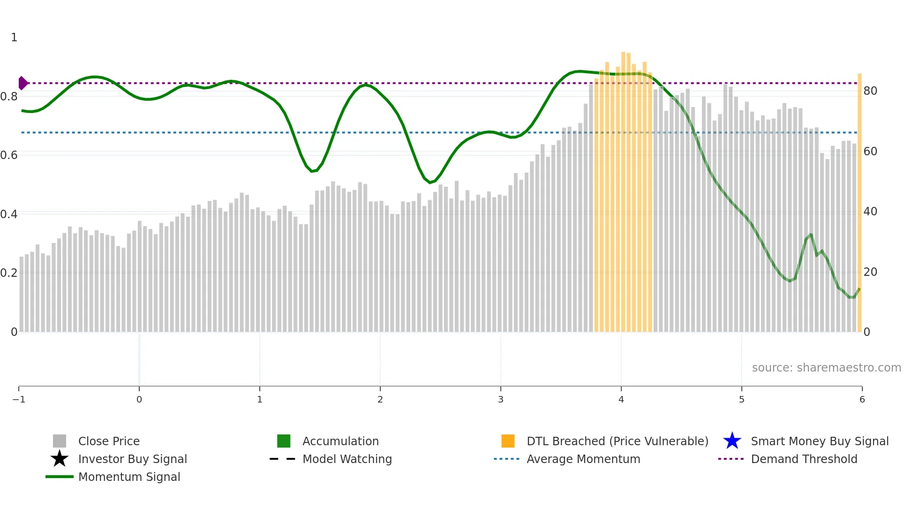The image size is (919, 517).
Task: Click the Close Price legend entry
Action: point(109,441)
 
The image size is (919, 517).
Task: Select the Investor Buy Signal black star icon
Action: point(60,459)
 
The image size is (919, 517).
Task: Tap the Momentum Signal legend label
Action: point(129,477)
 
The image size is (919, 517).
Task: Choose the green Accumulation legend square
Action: point(284,441)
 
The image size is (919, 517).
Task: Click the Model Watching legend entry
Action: point(347,459)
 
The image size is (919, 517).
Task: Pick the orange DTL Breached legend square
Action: point(508,441)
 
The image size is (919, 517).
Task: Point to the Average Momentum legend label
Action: point(583,459)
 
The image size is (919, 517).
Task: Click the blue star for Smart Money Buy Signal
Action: point(732,441)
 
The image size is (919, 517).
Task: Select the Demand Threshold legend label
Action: point(804,459)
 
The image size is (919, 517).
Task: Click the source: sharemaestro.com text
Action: point(826,367)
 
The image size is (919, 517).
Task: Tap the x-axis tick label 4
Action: point(621,399)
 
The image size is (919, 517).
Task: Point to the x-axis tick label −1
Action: point(19,399)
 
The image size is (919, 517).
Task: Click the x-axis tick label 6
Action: point(862,399)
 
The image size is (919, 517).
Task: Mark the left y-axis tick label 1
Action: point(14,38)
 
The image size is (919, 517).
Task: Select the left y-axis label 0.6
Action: point(9,155)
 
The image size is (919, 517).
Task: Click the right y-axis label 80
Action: point(870,91)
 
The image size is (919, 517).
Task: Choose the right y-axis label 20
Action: point(870,272)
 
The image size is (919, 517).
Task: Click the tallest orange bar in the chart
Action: point(623,188)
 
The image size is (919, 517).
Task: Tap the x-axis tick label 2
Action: point(380,399)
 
